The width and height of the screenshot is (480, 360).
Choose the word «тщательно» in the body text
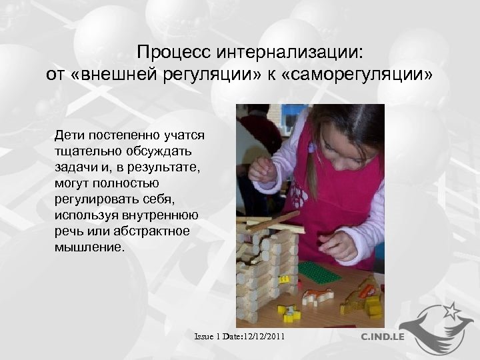(x=84, y=152)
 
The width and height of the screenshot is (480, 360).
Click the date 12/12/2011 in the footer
(x=263, y=337)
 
